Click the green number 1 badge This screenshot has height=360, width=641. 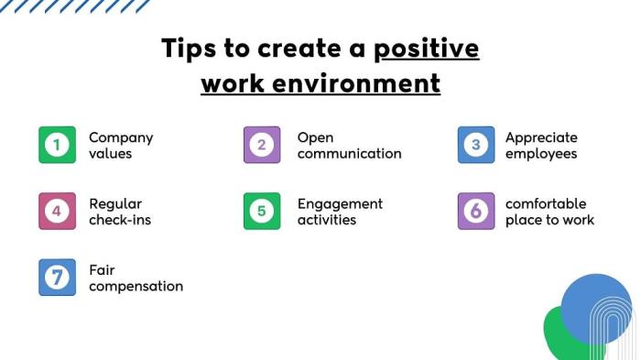(x=57, y=145)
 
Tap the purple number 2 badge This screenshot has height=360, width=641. (x=262, y=145)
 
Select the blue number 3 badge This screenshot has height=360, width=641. (x=475, y=145)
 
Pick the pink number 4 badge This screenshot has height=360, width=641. (x=57, y=211)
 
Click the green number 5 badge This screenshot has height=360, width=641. (x=262, y=211)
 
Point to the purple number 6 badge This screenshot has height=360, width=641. (x=475, y=211)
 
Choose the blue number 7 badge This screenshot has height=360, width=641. (x=57, y=278)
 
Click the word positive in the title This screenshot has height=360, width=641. (x=427, y=48)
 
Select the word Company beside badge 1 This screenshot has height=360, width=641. (x=121, y=137)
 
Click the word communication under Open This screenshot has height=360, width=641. (x=349, y=154)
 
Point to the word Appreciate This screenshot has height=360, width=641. (x=541, y=137)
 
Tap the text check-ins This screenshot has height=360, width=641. (x=120, y=220)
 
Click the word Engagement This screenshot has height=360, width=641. (x=340, y=203)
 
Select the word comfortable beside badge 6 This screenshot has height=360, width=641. (x=546, y=203)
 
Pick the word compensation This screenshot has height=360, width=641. (x=136, y=286)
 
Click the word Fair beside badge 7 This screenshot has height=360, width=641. (x=102, y=270)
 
